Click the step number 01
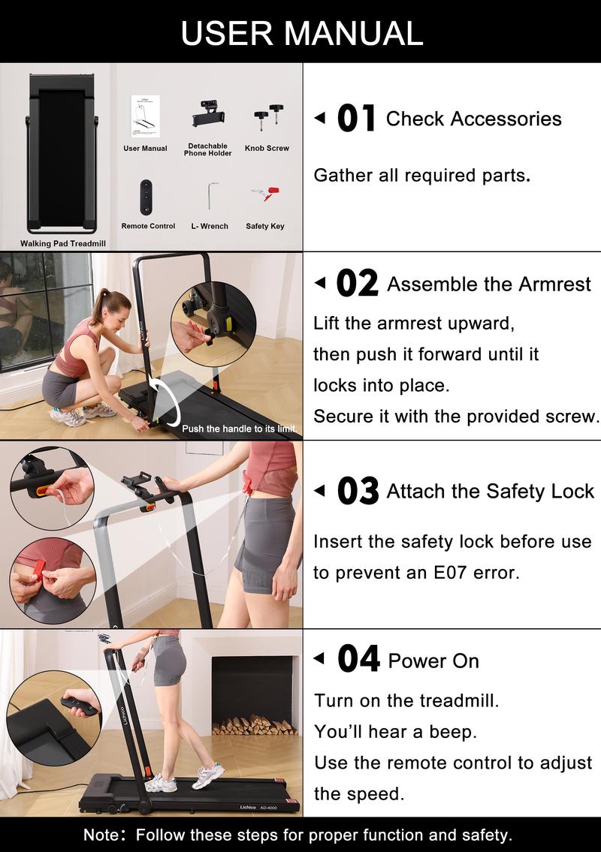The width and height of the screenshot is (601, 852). click(356, 119)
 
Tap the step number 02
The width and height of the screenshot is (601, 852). click(357, 284)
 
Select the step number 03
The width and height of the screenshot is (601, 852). click(358, 491)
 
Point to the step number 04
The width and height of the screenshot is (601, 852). click(358, 660)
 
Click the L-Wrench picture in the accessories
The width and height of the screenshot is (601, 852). click(210, 196)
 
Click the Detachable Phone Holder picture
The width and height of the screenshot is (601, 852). click(208, 116)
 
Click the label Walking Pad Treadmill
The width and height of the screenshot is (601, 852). click(63, 243)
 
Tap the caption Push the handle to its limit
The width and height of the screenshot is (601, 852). click(239, 429)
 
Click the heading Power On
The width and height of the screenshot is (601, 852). click(433, 661)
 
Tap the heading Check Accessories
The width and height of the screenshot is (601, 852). click(473, 119)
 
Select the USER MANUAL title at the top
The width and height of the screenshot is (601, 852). click(300, 32)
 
